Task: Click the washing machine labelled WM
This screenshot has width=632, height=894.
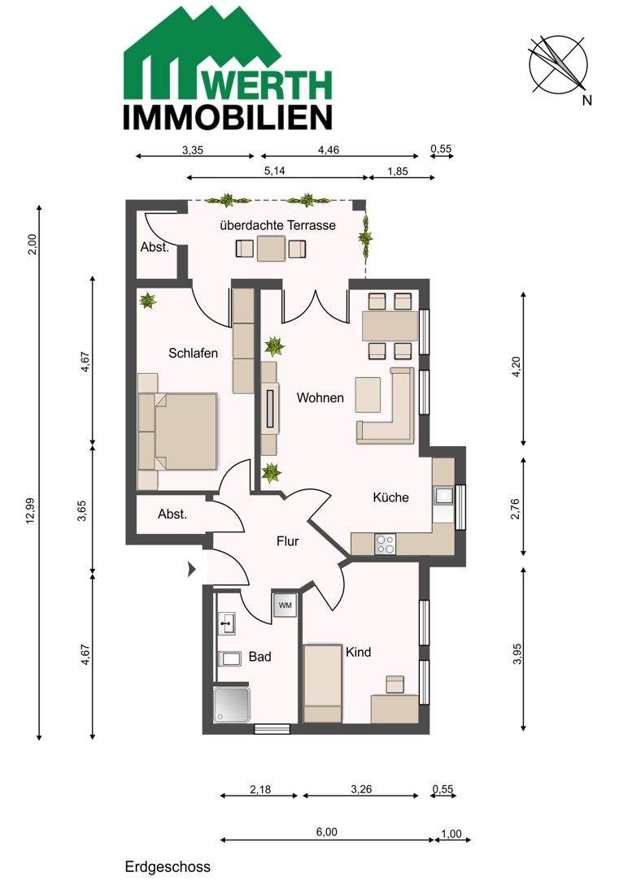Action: click(x=285, y=605)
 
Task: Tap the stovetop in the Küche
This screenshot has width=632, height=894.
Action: click(x=385, y=544)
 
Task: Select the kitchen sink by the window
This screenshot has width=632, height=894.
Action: click(x=444, y=495)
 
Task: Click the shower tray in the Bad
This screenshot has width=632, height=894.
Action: click(x=232, y=705)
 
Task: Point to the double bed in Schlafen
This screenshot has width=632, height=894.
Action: click(x=178, y=431)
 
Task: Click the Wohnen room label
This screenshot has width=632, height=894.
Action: click(x=320, y=398)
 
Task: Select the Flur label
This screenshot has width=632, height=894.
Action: click(x=287, y=541)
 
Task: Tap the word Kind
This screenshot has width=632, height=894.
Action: click(x=358, y=652)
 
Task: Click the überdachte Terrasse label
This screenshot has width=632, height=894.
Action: click(x=278, y=225)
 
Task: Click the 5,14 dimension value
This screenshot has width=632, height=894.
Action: click(x=275, y=171)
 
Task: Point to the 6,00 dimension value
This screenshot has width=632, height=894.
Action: click(x=327, y=832)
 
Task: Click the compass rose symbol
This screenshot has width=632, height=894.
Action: click(x=558, y=63)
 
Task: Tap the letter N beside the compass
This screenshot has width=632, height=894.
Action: click(x=587, y=101)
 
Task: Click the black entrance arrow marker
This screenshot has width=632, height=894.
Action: click(x=192, y=569)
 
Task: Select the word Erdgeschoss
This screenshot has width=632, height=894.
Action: click(x=168, y=867)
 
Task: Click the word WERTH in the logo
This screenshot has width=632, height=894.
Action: click(x=268, y=85)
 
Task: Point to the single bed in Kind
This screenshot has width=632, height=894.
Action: click(x=323, y=683)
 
